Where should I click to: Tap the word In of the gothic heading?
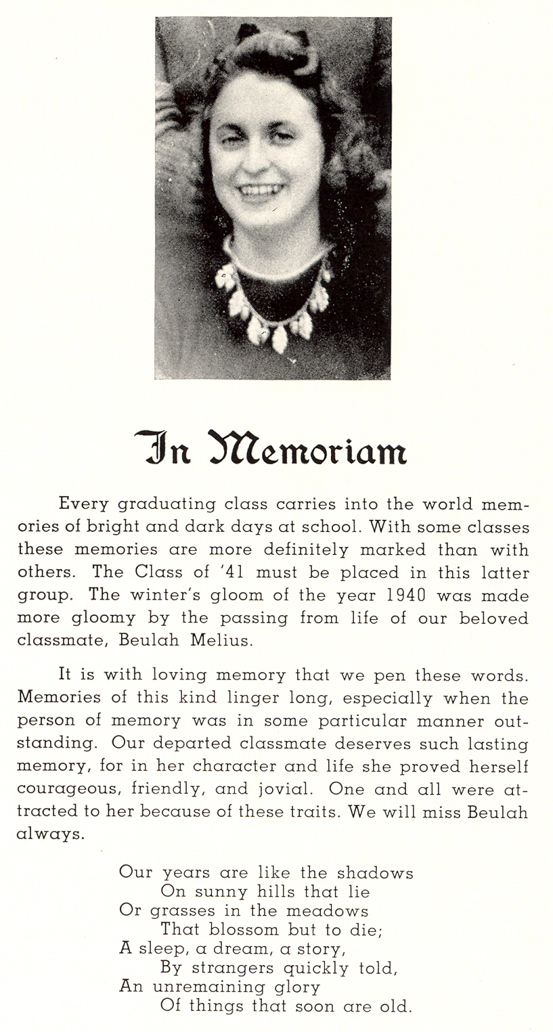[x=163, y=448]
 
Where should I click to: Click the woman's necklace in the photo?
[x=274, y=305]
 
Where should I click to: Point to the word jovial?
[x=281, y=788]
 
